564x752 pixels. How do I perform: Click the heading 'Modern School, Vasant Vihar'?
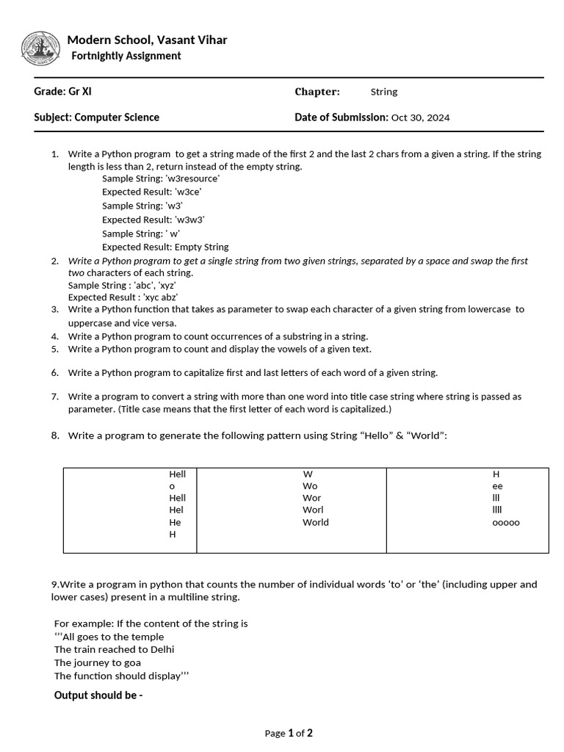point(147,40)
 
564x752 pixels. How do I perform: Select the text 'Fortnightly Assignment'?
point(126,56)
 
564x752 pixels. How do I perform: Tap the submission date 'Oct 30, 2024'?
point(420,117)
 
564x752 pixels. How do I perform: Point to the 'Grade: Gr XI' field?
point(63,92)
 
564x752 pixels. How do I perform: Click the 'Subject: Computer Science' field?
point(96,117)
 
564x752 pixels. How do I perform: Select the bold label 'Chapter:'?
point(317,92)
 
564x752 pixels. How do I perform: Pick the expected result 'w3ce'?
point(188,192)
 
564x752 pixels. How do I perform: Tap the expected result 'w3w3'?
point(189,220)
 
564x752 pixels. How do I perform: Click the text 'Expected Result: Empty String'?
point(165,247)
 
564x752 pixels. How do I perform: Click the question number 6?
point(55,373)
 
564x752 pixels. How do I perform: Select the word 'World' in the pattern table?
point(316,523)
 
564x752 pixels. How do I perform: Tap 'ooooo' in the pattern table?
point(505,523)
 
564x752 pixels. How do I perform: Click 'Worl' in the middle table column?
point(313,510)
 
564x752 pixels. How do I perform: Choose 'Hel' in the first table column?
point(176,510)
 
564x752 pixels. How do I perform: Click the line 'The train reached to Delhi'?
point(115,650)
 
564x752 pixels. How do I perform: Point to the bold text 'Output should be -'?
point(98,695)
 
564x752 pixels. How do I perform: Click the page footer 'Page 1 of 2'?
point(289,733)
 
